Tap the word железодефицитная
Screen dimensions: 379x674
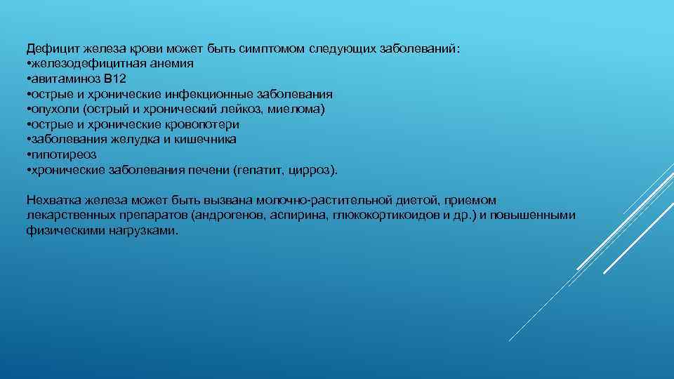(77, 63)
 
